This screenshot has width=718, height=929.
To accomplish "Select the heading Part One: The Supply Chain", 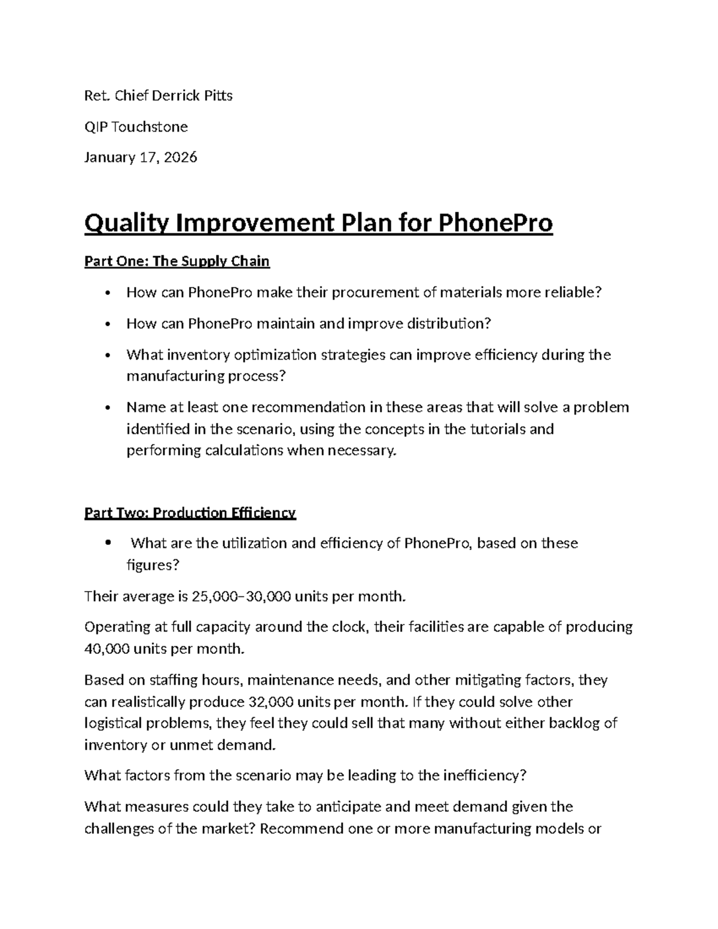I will click(177, 261).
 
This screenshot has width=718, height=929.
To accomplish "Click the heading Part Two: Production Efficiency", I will click(190, 513).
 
